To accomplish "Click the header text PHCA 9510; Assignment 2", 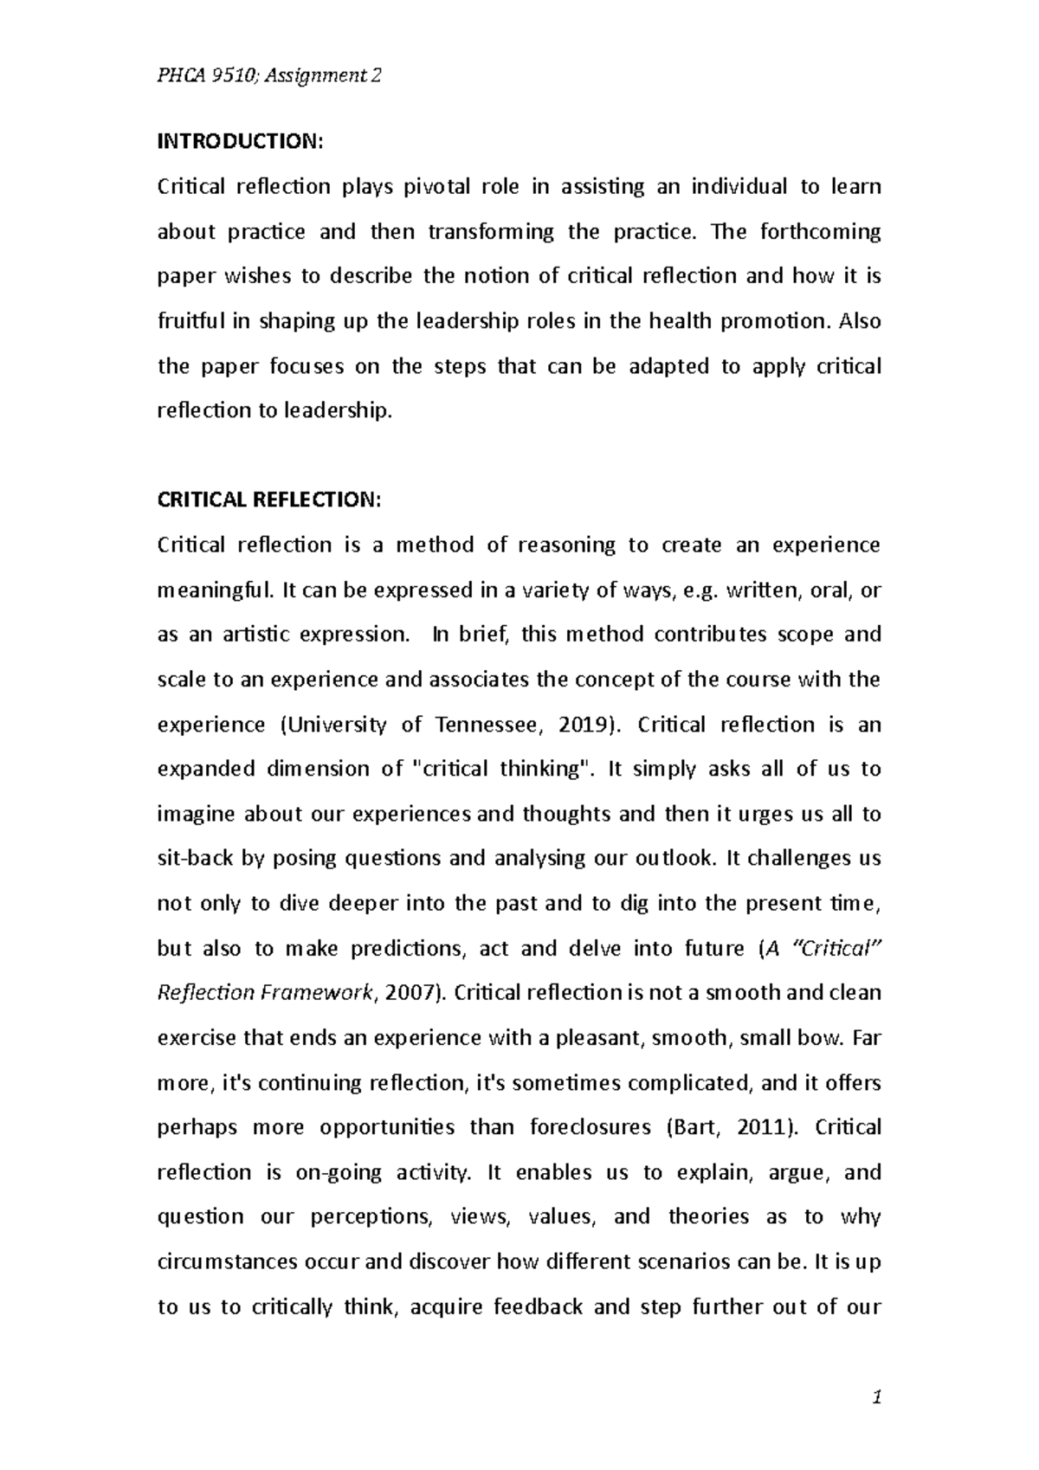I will tap(268, 76).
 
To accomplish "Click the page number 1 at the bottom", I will tap(877, 1396).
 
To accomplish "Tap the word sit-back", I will tap(195, 859).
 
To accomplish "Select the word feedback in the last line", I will tap(538, 1306).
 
